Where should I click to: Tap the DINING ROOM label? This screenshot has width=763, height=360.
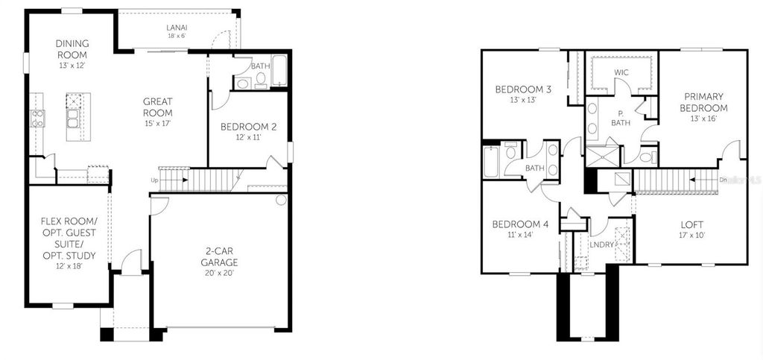[72, 50]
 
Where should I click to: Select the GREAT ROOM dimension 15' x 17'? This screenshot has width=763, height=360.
[158, 122]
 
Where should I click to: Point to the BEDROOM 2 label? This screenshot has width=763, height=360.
[248, 127]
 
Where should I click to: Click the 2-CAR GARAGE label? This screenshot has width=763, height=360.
[218, 256]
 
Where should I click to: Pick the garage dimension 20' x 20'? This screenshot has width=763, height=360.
[218, 274]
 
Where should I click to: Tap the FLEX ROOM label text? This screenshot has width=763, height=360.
[68, 233]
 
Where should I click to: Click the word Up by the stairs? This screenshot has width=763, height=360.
[154, 180]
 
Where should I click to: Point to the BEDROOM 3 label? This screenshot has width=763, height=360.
[523, 89]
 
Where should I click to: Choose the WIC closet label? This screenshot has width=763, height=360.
[621, 72]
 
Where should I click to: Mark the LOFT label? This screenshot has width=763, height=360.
[691, 224]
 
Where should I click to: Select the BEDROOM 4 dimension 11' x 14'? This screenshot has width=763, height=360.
[519, 235]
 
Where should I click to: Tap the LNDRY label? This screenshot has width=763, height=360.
[601, 244]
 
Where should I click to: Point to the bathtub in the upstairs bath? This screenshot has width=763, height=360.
[491, 160]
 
